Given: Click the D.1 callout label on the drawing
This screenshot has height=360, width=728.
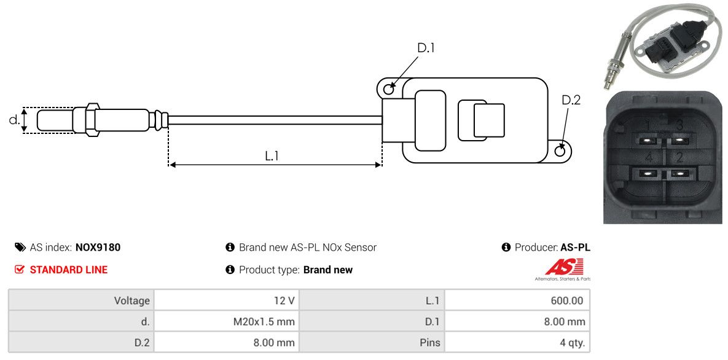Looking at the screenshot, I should click(x=426, y=47).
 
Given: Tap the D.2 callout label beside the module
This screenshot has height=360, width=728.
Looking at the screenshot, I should click(x=571, y=100).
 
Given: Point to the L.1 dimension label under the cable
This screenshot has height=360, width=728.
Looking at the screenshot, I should click(x=272, y=156).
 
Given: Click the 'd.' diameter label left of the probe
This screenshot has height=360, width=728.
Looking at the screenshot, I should click(x=14, y=120).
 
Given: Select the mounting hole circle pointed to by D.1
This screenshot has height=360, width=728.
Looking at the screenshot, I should click(x=388, y=90).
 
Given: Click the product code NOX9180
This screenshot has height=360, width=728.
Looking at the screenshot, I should click(x=98, y=248).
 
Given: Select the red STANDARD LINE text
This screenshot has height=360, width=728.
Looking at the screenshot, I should click(x=68, y=270).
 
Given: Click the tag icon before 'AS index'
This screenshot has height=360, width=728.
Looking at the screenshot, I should click(x=20, y=248).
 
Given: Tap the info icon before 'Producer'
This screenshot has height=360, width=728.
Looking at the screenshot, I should click(x=506, y=248).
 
